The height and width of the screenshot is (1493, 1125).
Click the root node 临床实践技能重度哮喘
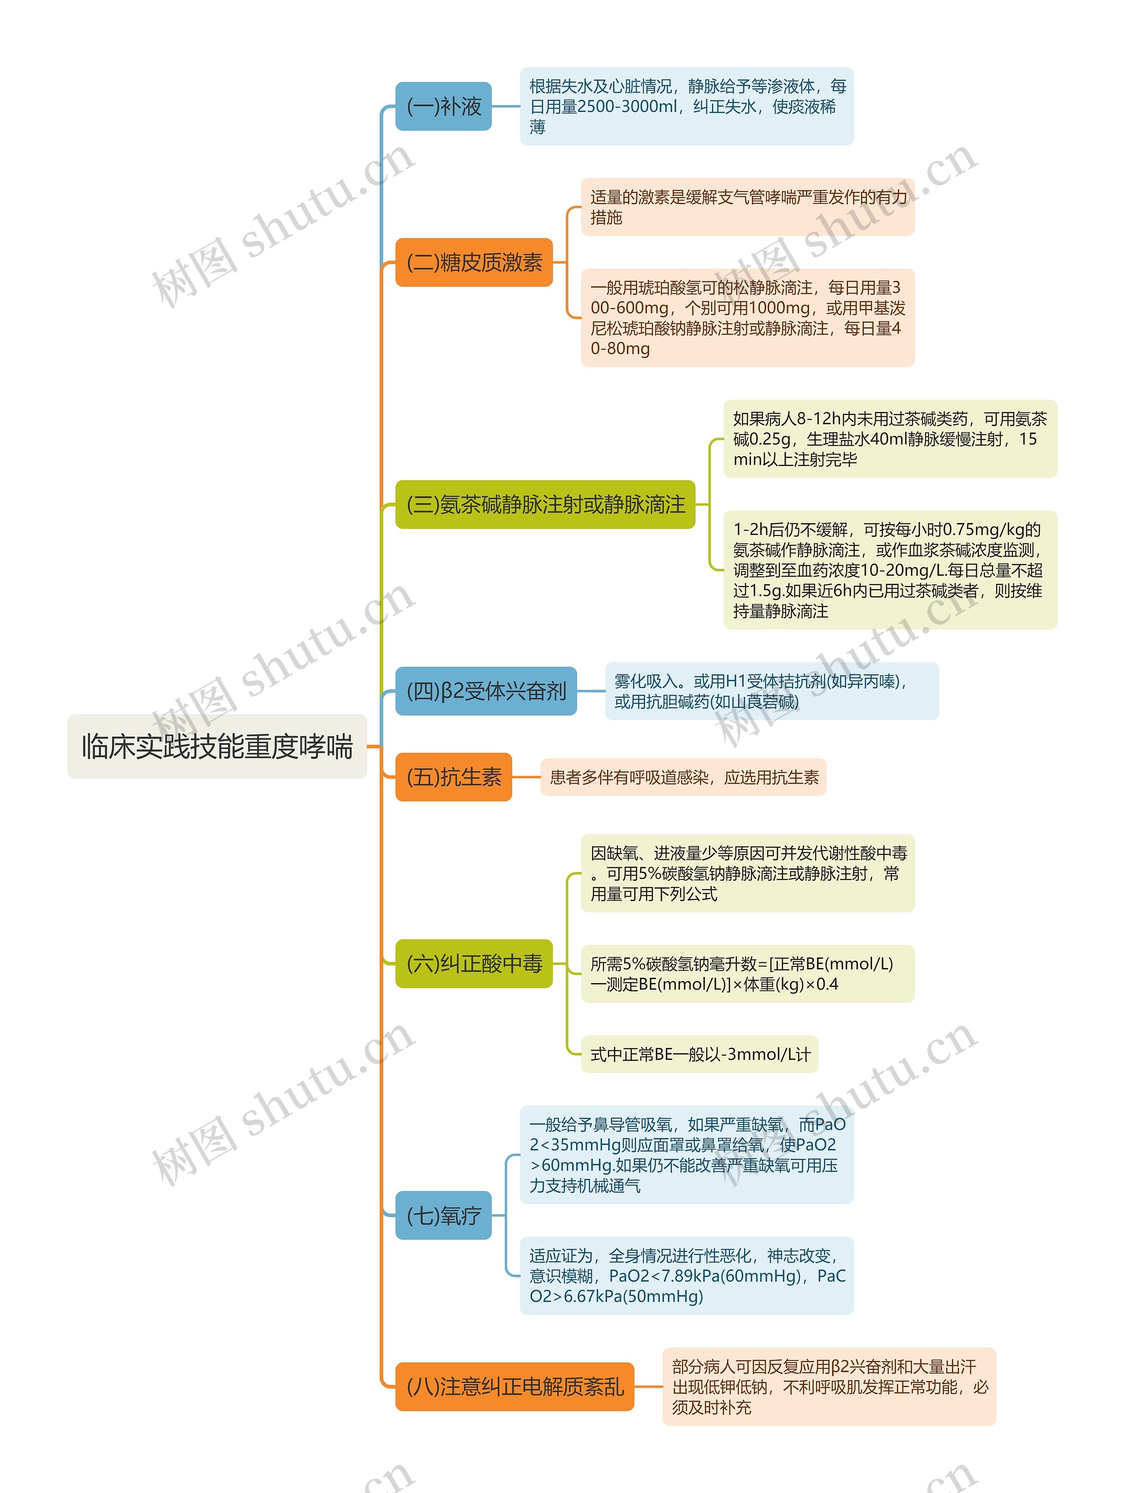(217, 747)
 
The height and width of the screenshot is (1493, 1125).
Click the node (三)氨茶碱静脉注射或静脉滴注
(545, 504)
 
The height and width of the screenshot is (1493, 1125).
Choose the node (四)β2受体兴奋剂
(486, 691)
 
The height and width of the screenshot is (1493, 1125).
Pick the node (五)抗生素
(453, 777)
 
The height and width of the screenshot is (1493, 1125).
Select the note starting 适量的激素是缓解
(748, 207)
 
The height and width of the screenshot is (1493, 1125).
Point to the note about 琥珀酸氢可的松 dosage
(748, 318)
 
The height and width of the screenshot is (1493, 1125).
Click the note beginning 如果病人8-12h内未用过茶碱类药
(890, 439)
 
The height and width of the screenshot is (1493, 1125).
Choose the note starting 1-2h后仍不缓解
(890, 570)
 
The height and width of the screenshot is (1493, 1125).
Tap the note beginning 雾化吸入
(771, 691)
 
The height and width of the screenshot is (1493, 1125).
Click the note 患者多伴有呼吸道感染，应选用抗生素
(683, 777)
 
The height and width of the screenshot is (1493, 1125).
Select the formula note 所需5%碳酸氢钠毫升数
(748, 973)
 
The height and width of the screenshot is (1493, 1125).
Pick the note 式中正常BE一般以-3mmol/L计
(700, 1054)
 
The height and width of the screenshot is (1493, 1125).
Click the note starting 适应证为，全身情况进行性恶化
(686, 1276)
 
